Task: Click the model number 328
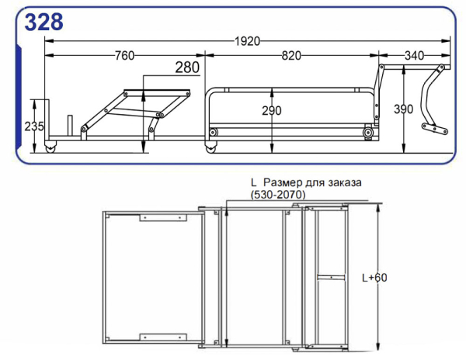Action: tap(43, 22)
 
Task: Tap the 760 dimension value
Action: tap(124, 55)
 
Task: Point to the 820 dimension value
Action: tap(291, 55)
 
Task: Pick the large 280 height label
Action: tap(187, 68)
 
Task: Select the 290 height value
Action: tap(271, 110)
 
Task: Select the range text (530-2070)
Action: tap(278, 194)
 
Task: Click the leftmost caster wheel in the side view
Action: tap(51, 147)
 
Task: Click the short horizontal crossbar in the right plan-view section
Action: tap(330, 276)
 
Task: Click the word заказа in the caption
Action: tap(343, 182)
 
